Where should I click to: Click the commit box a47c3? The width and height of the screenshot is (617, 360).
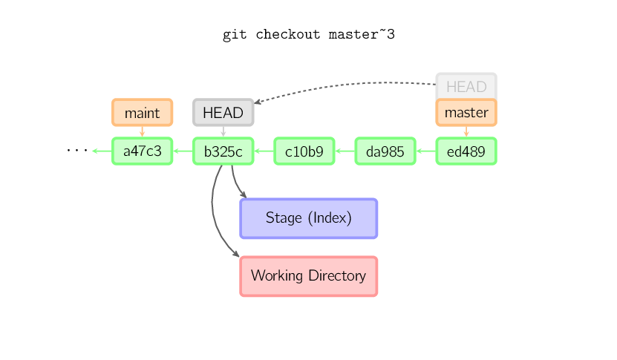click(x=142, y=151)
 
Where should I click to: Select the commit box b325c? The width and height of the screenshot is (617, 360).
click(x=223, y=151)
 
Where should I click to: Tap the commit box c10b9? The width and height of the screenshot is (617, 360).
click(x=304, y=151)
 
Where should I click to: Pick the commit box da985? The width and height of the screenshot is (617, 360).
click(x=385, y=151)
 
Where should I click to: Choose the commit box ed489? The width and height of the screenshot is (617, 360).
click(x=466, y=151)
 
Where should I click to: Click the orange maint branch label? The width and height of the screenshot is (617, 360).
click(x=142, y=113)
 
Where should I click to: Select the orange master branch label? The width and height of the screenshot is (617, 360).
click(x=466, y=113)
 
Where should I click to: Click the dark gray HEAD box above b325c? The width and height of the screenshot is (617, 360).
click(x=223, y=113)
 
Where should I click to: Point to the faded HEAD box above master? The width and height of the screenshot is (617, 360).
click(x=466, y=86)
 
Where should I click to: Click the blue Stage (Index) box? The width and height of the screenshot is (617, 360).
click(x=308, y=218)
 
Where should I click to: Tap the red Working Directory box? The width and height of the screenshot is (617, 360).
click(x=308, y=276)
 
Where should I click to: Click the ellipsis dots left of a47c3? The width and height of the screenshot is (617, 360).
click(x=76, y=151)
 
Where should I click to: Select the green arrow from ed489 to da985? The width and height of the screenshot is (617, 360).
click(x=425, y=151)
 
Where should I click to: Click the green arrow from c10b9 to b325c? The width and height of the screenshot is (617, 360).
click(x=264, y=151)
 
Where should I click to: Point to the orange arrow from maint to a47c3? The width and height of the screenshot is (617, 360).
click(x=142, y=131)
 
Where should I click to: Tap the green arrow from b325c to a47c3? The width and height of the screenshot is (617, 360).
click(x=183, y=151)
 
